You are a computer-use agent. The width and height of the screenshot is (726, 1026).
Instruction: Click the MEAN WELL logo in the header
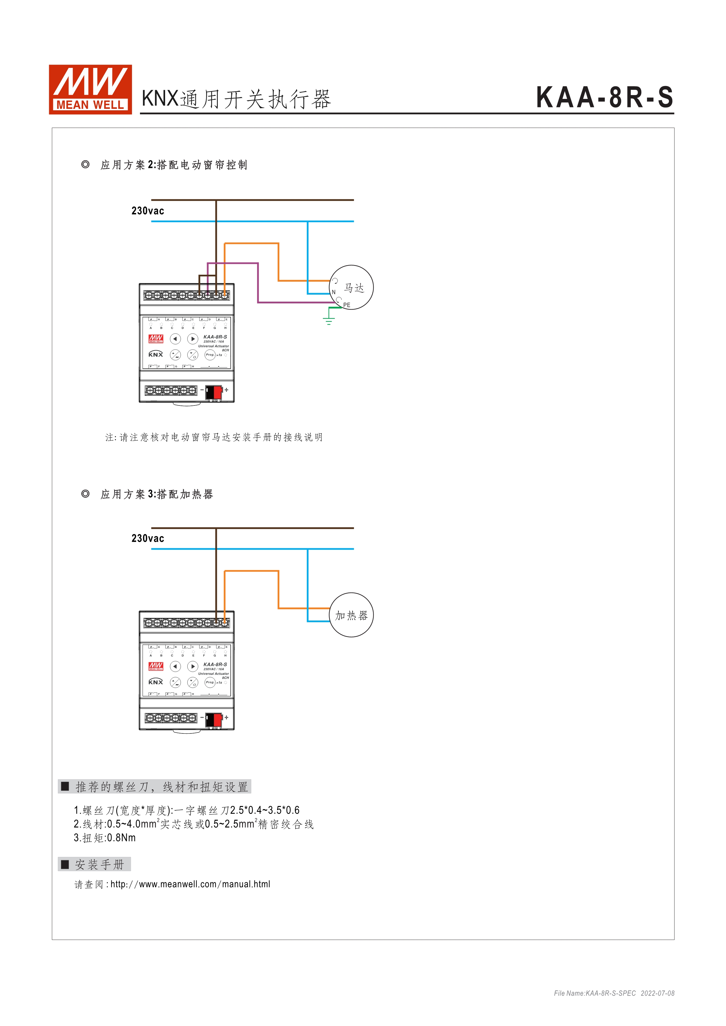90,89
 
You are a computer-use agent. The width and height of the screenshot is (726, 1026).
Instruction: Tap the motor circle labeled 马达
351,287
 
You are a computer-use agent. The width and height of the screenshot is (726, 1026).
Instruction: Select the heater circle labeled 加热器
351,615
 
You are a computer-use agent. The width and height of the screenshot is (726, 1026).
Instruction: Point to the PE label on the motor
347,305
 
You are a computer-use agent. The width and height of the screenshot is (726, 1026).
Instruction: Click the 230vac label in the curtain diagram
148,211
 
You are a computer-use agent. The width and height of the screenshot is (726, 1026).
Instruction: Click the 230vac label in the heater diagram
148,539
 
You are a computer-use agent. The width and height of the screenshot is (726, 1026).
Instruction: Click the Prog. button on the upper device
210,355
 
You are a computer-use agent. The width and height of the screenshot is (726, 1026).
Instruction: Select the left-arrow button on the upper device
175,339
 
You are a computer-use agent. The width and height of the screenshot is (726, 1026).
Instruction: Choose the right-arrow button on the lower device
193,666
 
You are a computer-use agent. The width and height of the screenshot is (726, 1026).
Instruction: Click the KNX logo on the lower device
155,682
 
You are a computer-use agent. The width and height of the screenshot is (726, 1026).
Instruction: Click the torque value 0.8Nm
121,837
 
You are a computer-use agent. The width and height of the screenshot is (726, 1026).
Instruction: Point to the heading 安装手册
99,864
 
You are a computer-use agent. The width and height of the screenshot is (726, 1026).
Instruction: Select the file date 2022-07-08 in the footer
657,993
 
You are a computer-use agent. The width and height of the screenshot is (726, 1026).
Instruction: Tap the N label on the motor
333,292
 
